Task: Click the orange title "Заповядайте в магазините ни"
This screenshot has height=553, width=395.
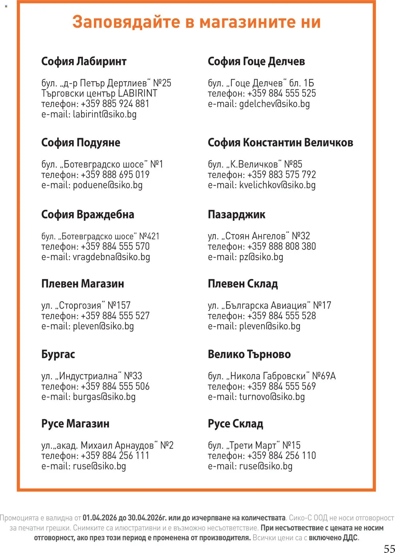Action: coord(196,22)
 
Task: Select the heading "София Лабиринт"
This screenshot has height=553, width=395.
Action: coord(84,61)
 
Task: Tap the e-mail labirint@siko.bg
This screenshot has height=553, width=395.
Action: coord(105,114)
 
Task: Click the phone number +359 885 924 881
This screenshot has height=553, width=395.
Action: coord(115,104)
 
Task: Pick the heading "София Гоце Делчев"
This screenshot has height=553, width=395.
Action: coord(256,61)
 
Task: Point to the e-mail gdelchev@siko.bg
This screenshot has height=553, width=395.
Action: coord(274,104)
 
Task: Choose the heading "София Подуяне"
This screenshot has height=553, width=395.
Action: coord(81,142)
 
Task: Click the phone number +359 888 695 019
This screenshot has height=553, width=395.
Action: coord(115,175)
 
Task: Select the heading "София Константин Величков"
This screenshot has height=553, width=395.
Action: coord(280,142)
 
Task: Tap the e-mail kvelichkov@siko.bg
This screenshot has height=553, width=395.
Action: coord(277,185)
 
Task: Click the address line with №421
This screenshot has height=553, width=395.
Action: coord(100,236)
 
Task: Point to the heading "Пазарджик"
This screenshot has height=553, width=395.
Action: coord(236,214)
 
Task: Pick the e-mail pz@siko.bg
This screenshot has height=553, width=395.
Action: coord(261,257)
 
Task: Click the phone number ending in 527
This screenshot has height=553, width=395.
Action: coord(115,316)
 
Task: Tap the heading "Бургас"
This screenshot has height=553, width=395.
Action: coord(58,354)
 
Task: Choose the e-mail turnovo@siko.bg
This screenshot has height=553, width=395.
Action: coord(272,397)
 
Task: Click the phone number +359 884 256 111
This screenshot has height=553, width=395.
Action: coord(115,455)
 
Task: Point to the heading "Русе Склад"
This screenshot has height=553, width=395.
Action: coord(235,424)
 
